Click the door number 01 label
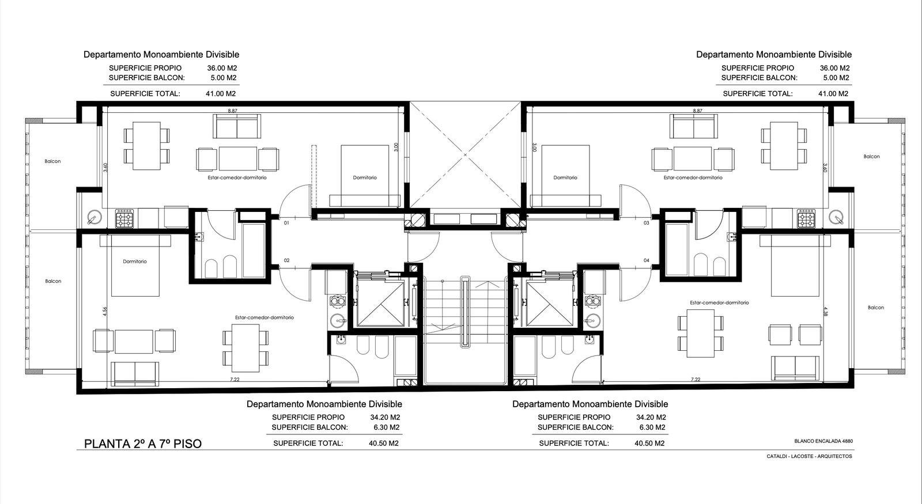pos(286,223)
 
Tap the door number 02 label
pos(286,260)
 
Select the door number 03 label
pos(646,223)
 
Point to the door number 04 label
pos(646,260)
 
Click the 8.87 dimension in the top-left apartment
pos(233,111)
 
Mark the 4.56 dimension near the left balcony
pos(105,312)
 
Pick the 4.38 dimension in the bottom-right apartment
pos(825,312)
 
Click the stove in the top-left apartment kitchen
pos(124,218)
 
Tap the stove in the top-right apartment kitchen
pos(806,218)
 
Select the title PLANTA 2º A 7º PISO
pos(143,444)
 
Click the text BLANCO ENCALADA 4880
pos(823,441)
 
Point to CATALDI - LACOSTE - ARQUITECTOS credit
pos(809,456)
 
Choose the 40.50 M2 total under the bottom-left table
pos(384,444)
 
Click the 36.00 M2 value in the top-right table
pos(835,69)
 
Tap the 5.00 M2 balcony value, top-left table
pos(224,78)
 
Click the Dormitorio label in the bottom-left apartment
pos(135,262)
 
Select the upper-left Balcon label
pos(52,161)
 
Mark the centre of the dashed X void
pos(465,155)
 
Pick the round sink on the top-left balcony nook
pos(95,217)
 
